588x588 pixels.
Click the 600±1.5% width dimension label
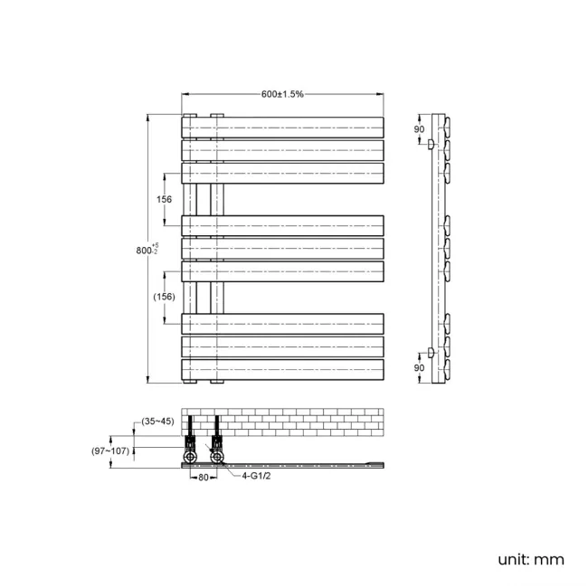coord(282,94)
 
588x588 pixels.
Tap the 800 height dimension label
coord(147,250)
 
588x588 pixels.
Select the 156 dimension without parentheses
coord(165,199)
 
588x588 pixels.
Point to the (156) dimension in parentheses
coord(165,297)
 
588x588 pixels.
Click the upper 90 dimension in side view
coord(419,129)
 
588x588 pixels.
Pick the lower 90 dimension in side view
coord(419,368)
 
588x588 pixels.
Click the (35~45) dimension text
coord(158,422)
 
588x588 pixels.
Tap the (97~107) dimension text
coord(110,450)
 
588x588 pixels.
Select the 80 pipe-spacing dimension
coord(204,478)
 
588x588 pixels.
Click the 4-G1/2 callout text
coord(256,476)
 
